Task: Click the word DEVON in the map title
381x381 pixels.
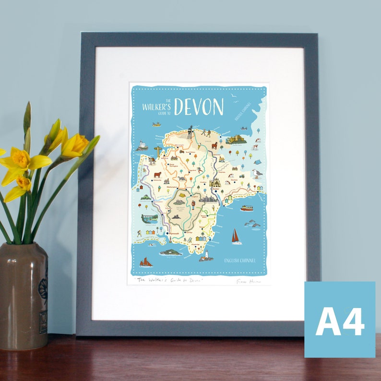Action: tap(199, 107)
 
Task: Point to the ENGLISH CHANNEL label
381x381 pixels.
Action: tap(240, 261)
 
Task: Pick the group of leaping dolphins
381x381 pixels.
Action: tap(252, 224)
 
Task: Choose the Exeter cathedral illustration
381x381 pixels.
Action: tap(214, 183)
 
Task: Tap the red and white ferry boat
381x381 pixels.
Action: tap(247, 208)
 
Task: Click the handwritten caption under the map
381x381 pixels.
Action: tap(168, 280)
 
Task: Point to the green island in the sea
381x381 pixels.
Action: tap(170, 252)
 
